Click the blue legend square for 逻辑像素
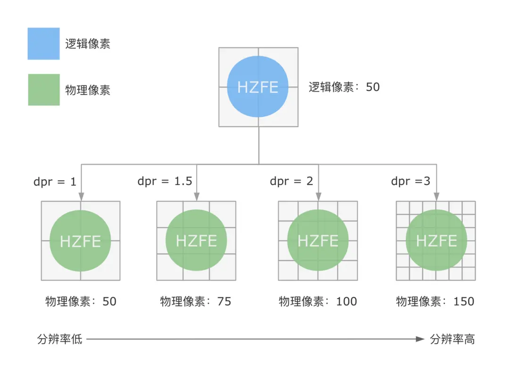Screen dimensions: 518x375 pos(43,43)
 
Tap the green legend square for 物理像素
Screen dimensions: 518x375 pos(44,90)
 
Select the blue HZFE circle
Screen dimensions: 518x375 pos(258,87)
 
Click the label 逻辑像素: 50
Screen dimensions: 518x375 pos(344,87)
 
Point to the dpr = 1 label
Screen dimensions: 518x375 pos(55,182)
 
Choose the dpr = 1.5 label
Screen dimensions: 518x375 pos(165,181)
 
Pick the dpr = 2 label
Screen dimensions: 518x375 pos(292,181)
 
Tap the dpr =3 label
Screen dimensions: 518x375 pos(410,181)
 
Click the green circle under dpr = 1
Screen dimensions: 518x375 pos(80,241)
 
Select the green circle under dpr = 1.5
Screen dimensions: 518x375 pos(196,240)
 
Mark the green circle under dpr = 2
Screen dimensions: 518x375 pos(318,240)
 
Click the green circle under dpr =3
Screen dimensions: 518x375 pos(436,240)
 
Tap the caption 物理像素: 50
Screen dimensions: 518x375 pos(81,301)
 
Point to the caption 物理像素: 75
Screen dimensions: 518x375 pos(196,301)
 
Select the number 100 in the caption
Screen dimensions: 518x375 pos(347,301)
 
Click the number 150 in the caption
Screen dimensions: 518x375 pos(464,301)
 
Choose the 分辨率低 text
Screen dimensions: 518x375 pos(59,339)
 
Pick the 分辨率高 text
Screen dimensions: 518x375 pos(452,339)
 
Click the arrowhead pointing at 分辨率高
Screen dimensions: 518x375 pos(420,339)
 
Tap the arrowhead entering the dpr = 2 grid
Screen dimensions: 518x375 pos(318,197)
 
